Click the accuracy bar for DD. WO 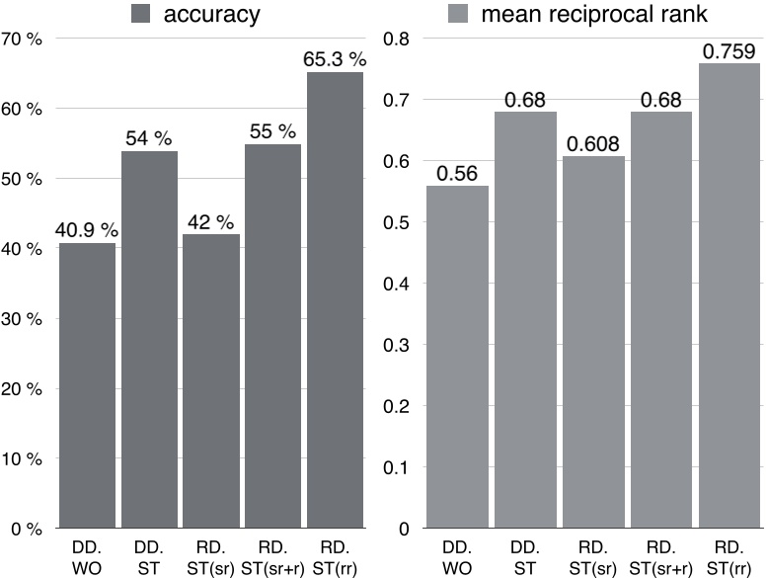87,385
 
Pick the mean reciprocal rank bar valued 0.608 595,342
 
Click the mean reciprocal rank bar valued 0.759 730,295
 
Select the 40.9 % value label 87,231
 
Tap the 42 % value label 210,222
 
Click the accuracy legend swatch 141,14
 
